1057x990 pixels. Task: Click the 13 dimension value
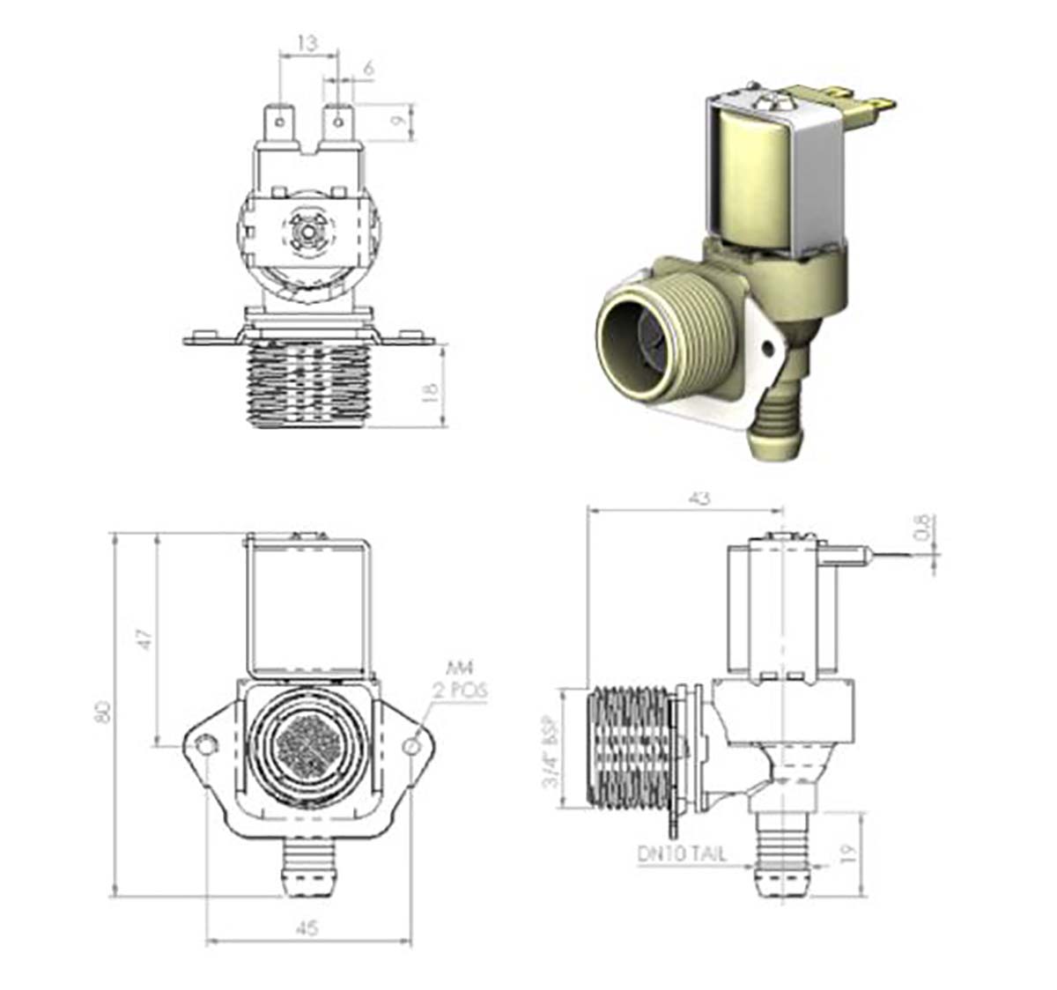pos(307,41)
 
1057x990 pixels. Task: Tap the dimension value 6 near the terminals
pos(368,67)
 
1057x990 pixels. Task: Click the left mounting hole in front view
pos(207,745)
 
